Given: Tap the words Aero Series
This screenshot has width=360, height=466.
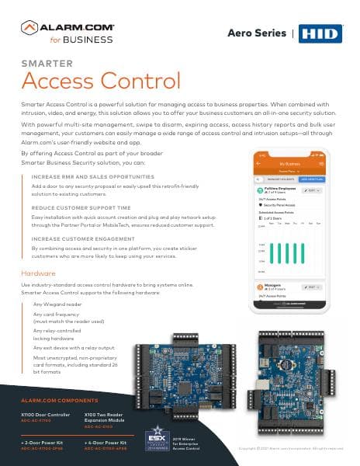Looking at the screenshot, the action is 258,33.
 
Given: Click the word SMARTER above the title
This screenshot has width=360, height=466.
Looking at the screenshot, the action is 47,63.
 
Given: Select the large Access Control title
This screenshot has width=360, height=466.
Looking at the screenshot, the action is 101,81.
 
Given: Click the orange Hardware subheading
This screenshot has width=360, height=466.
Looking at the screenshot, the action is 38,273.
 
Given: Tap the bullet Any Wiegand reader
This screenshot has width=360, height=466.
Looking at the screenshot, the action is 58,304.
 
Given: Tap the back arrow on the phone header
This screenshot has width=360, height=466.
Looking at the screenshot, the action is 260,165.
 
